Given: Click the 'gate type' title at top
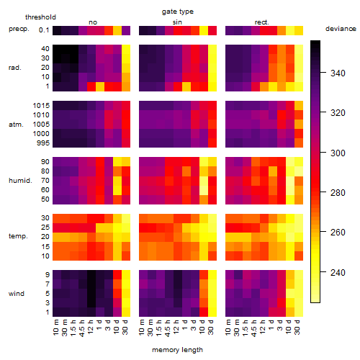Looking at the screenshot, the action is coord(178,12).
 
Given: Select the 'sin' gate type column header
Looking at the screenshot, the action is coord(177,22).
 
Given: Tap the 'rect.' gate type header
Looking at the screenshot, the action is coord(262,22).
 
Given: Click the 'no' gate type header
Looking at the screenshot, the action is coord(93,22).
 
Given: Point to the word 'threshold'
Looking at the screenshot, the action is coord(40,17).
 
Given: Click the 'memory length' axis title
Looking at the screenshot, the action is coord(178,350).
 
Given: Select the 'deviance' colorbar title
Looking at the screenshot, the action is coord(341,29).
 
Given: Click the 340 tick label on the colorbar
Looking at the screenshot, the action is coord(338,73).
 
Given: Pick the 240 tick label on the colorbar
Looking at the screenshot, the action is coord(338,273).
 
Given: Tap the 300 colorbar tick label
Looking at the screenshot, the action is coord(338,153).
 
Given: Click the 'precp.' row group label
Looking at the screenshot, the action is coord(19,29).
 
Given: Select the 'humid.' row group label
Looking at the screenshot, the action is coord(20,180).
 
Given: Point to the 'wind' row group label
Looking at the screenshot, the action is coord(17,293).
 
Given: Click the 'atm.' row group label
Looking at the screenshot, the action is coord(16,125).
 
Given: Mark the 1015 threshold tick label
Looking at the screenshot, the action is coord(41,106).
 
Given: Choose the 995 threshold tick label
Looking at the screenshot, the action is coord(43,143).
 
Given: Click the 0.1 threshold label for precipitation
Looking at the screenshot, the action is coord(44,30).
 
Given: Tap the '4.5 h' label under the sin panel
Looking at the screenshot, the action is coord(168,328).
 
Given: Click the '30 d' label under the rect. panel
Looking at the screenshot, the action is coord(297,327).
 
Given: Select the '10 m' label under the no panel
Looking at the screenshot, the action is coord(55,328).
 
